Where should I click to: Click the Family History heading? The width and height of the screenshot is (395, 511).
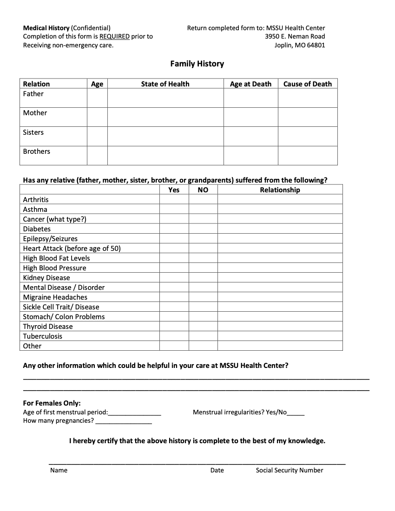pos(197,64)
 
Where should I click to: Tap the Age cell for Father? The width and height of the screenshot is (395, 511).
pos(97,98)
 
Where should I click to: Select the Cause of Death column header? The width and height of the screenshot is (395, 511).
pos(308,84)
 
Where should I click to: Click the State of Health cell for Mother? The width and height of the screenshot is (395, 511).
pos(165,117)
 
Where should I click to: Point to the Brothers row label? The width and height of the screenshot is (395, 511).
pos(37,151)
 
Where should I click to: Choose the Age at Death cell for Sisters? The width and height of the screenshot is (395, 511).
pos(250,137)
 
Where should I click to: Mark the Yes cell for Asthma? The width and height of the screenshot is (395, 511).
pos(174,210)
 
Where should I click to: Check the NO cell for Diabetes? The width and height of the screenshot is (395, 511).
pos(203,229)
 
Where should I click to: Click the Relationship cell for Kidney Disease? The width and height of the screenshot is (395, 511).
pos(280,278)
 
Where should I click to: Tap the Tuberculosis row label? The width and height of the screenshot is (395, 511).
pos(43,336)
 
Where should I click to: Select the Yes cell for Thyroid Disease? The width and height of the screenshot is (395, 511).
pos(174,327)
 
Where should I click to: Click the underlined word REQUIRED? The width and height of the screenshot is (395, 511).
pos(114,36)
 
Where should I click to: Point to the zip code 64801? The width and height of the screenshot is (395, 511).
pos(316,46)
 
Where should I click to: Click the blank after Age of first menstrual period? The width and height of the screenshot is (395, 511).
pos(135,412)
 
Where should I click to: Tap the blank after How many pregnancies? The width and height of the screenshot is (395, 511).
pos(123,421)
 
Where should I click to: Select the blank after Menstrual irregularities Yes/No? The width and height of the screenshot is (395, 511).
pos(296,412)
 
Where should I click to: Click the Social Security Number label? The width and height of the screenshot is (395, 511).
pos(290,470)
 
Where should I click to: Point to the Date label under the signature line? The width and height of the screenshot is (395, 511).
pos(217,470)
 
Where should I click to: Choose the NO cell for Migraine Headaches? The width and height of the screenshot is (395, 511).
pos(203,297)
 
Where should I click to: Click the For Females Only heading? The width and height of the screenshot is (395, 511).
pos(52,403)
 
